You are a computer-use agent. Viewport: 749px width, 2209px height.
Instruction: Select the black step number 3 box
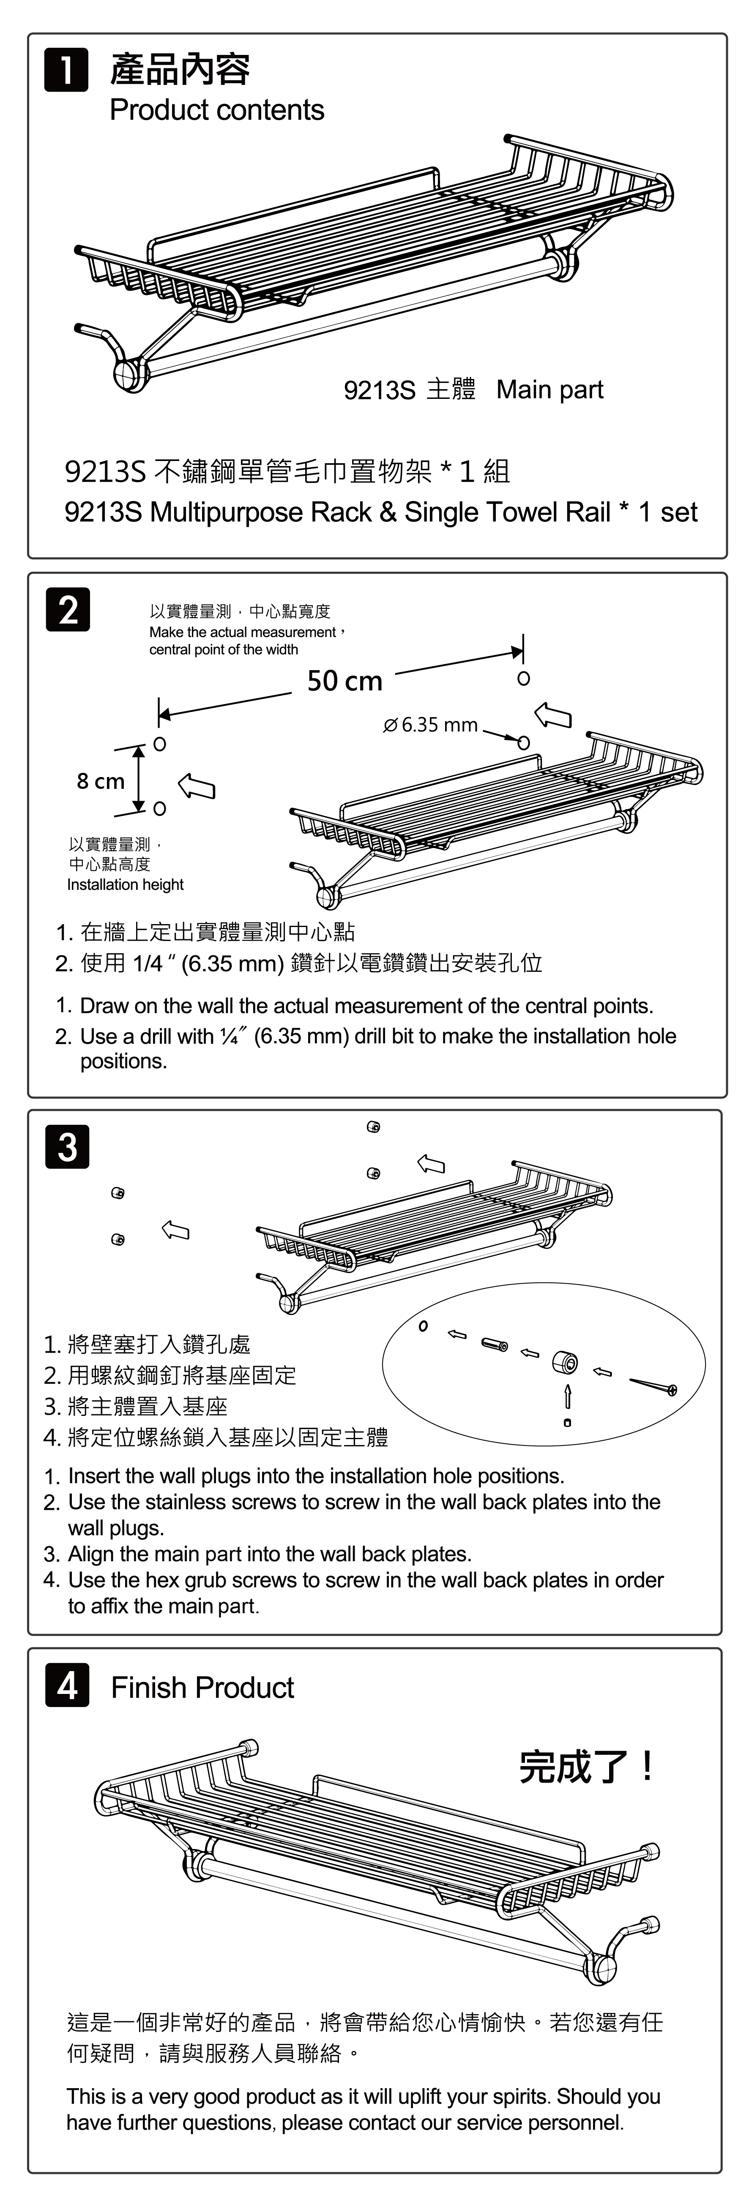pyautogui.click(x=67, y=1146)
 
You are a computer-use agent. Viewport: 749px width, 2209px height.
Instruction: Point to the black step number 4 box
pyautogui.click(x=67, y=1686)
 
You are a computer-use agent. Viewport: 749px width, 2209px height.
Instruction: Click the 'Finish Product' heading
pyautogui.click(x=202, y=1688)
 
